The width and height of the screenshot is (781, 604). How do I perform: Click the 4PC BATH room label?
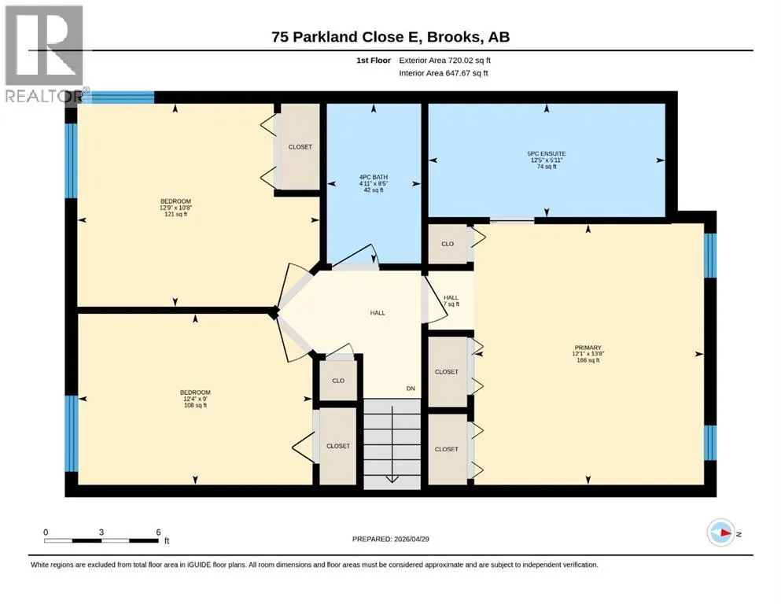(x=373, y=183)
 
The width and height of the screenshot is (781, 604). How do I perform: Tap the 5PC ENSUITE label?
(x=547, y=160)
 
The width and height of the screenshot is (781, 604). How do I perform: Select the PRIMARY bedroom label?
(x=588, y=354)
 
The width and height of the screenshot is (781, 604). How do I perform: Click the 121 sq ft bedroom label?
(x=175, y=208)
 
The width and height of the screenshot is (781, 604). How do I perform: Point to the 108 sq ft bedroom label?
(x=195, y=399)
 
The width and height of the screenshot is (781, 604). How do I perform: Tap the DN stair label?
(x=411, y=389)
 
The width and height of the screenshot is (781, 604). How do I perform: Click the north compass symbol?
(x=720, y=532)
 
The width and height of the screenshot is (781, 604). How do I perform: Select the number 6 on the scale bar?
(x=158, y=532)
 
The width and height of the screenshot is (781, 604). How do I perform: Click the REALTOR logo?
(x=44, y=53)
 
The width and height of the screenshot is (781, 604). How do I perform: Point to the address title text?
(x=390, y=37)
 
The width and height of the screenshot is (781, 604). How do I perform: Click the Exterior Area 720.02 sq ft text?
(x=445, y=61)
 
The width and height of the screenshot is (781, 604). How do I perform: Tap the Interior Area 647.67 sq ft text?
(x=444, y=73)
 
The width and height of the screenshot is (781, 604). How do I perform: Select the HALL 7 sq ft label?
(x=451, y=300)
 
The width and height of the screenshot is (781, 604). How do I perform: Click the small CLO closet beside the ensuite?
(x=448, y=244)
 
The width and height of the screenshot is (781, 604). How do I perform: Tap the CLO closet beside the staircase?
(x=338, y=381)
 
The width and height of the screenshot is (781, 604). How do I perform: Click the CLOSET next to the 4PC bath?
(x=300, y=147)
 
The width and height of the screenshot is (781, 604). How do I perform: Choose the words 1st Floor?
(x=374, y=61)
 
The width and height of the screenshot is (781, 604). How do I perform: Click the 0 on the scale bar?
(x=46, y=532)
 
